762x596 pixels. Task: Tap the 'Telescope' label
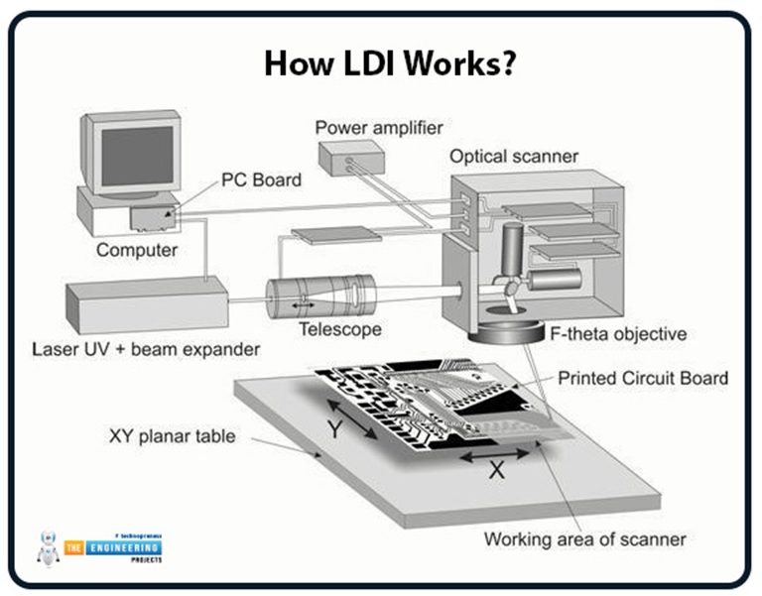340,329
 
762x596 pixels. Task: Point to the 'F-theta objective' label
617,333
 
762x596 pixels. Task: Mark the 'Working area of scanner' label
584,539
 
